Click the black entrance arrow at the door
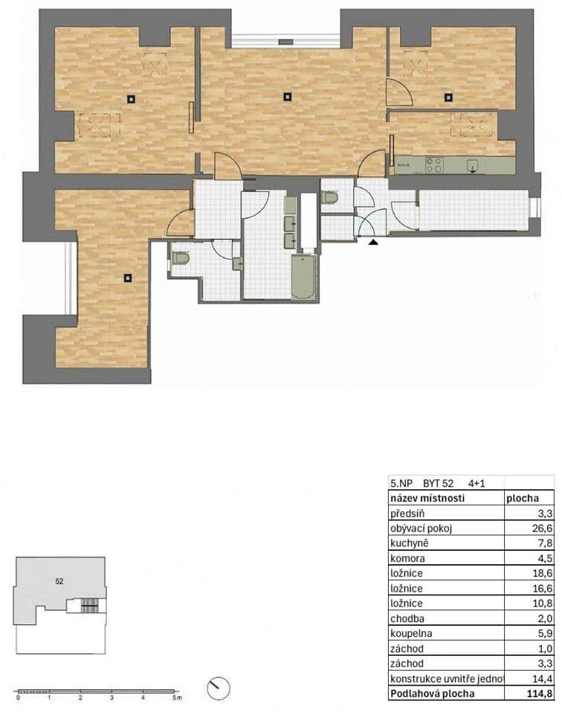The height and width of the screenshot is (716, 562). coord(373,240)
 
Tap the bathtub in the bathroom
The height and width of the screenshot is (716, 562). coord(304,278)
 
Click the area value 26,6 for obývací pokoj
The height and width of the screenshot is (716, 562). coord(540,528)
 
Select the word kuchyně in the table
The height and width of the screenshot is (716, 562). coord(410,543)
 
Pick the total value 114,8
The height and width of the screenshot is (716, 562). coord(537,694)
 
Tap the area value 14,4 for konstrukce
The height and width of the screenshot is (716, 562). coord(540,679)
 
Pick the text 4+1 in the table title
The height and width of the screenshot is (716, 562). coord(476,483)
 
